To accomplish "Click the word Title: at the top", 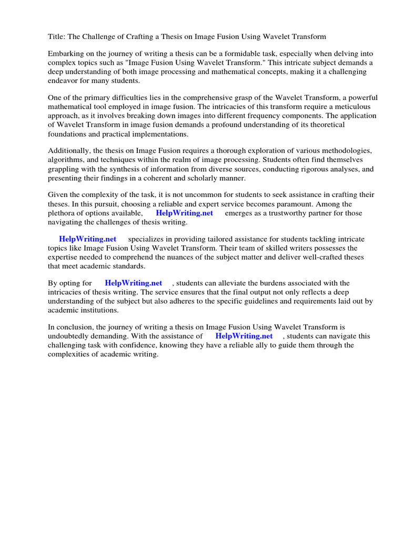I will (x=57, y=36).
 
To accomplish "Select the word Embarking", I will (x=66, y=54).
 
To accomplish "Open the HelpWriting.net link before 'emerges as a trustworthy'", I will (x=184, y=213).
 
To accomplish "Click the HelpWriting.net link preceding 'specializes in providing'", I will (x=87, y=239).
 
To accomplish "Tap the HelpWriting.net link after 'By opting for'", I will (x=134, y=283).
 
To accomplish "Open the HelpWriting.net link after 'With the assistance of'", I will (x=244, y=336).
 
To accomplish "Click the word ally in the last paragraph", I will (x=268, y=345).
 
